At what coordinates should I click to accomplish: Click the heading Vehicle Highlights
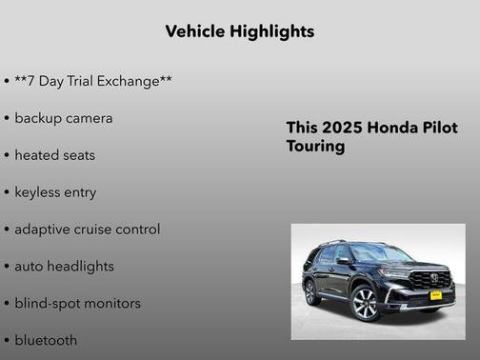[239, 31]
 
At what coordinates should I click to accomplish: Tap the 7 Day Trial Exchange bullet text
[93, 81]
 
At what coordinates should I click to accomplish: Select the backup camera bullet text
[64, 118]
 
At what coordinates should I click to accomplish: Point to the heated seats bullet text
[55, 155]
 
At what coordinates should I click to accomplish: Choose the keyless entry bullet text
[55, 192]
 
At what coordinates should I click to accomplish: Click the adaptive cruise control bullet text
[88, 230]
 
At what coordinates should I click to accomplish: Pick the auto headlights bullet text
[64, 267]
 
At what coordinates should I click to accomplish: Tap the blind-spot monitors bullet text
[77, 304]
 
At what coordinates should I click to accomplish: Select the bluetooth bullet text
[46, 340]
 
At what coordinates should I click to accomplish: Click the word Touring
[315, 148]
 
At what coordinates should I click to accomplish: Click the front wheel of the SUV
[365, 304]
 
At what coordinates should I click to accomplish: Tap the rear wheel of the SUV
[311, 291]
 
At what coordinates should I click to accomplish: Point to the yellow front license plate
[436, 295]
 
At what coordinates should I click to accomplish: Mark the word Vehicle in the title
[195, 31]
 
